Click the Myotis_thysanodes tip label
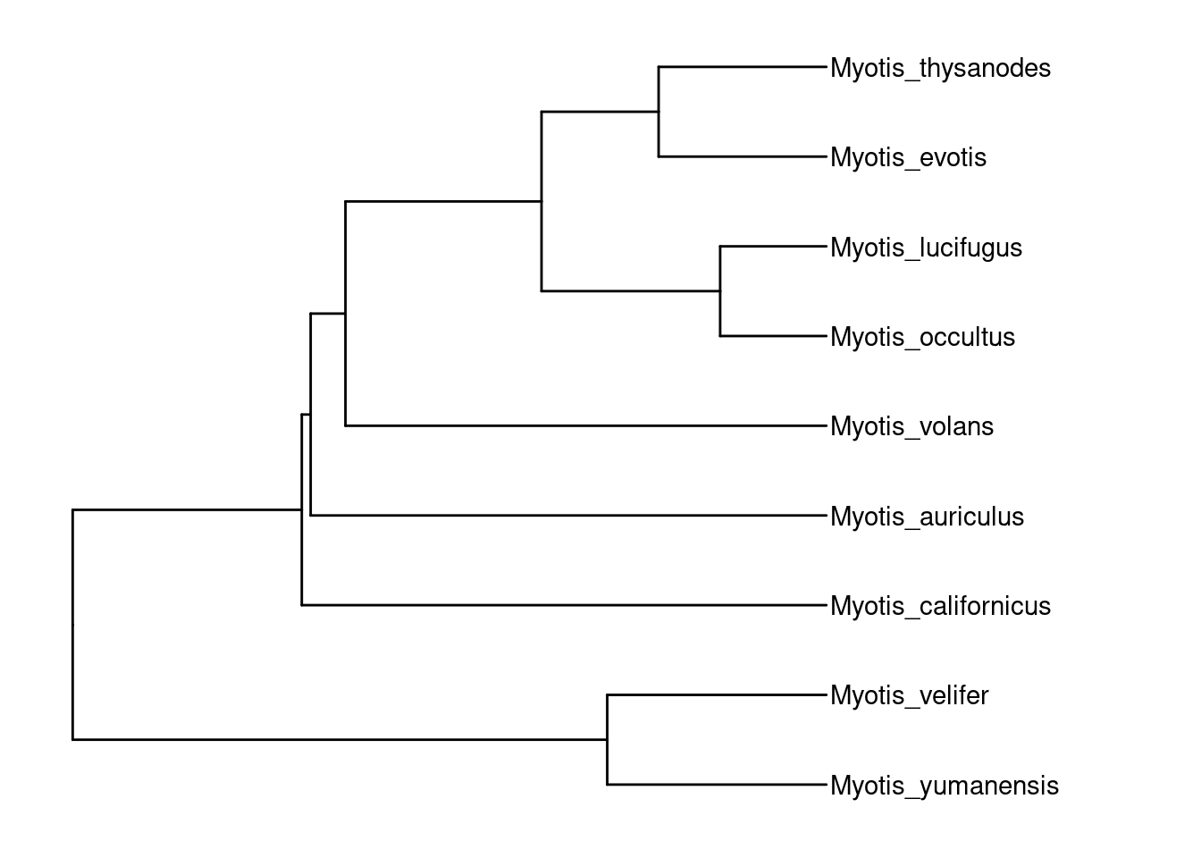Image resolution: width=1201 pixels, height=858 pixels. [x=940, y=68]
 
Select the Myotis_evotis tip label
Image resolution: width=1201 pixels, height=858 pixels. [x=908, y=157]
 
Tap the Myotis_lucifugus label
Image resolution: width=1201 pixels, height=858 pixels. [x=926, y=248]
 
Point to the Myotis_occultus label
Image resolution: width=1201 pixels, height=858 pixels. [x=922, y=337]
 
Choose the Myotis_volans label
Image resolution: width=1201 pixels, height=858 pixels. [x=911, y=426]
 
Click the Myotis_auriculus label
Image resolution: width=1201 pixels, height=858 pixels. [x=927, y=517]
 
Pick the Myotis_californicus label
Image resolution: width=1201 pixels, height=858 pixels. [x=940, y=606]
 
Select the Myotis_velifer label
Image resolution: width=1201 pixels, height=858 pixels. [x=909, y=695]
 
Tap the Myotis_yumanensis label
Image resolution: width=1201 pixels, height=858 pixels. [x=944, y=786]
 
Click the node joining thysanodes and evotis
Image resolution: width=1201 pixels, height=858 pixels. [x=659, y=112]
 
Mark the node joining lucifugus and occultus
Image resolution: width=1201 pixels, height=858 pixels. [x=720, y=290]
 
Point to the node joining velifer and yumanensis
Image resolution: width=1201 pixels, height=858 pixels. [x=608, y=740]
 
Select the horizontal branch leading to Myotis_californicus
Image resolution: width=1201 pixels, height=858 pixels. [x=563, y=605]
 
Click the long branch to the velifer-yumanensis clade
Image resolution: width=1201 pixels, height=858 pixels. [x=340, y=739]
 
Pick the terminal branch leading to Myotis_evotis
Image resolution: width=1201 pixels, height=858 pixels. [x=742, y=156]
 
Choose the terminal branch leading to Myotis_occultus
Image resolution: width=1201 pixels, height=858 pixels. [x=773, y=336]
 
